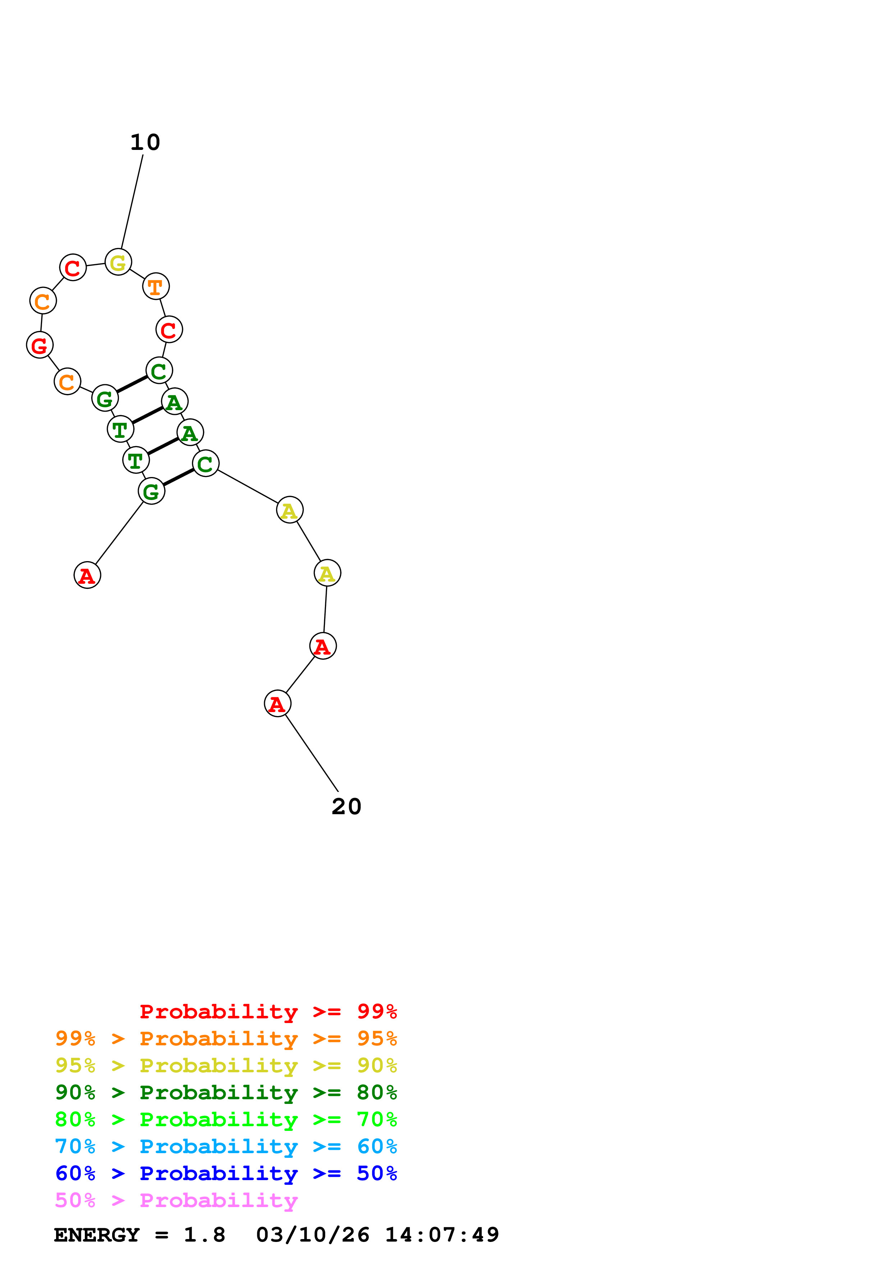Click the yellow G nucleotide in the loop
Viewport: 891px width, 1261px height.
click(x=118, y=262)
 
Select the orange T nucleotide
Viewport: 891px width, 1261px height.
click(x=156, y=287)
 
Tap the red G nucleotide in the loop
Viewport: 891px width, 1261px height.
click(x=40, y=345)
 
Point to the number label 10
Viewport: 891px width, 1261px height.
click(x=145, y=143)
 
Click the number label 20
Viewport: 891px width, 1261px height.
click(x=346, y=807)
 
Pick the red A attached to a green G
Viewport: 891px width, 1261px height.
click(x=87, y=576)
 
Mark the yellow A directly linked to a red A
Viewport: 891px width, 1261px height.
click(x=327, y=573)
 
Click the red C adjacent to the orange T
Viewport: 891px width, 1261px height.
click(x=169, y=330)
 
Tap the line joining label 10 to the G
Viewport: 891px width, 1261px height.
click(x=132, y=202)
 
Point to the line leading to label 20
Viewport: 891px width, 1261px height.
click(x=311, y=752)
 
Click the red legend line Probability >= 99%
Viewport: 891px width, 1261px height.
click(x=268, y=1012)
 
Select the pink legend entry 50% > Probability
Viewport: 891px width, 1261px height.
click(x=176, y=1201)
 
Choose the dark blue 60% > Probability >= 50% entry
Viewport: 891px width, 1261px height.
click(x=226, y=1174)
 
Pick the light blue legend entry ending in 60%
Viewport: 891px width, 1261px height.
click(x=226, y=1147)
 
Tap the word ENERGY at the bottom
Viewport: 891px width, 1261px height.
click(x=97, y=1235)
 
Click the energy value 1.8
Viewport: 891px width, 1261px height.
click(x=204, y=1235)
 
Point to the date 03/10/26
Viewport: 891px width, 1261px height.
click(x=312, y=1235)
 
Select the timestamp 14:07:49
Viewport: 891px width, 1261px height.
click(x=442, y=1235)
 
